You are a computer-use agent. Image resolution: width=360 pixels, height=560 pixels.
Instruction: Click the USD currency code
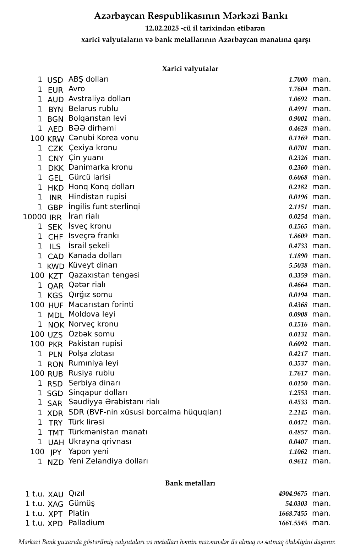coord(55,80)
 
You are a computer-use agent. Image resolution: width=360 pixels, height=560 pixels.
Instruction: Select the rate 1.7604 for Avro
coord(298,89)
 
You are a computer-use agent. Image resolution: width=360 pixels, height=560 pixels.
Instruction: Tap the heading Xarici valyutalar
coord(190,69)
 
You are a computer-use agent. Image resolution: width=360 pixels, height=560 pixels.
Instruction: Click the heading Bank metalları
coord(190,483)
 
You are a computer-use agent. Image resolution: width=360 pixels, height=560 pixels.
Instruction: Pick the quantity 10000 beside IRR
coord(34,217)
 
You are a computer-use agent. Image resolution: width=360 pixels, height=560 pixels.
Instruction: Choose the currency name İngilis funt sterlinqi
coord(104,207)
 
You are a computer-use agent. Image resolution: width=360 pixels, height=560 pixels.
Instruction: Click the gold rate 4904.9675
coord(293,494)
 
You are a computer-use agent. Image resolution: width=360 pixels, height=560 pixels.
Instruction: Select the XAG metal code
coord(55,504)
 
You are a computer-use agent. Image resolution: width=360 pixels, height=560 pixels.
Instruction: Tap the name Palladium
coord(86,523)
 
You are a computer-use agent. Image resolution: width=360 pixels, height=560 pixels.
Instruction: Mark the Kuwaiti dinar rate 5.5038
coord(298,265)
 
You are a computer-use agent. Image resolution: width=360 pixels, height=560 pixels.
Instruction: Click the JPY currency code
coord(56,452)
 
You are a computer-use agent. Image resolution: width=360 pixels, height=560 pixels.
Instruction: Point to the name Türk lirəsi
coord(86,422)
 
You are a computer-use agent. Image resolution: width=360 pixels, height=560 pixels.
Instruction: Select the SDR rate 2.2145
coord(298,412)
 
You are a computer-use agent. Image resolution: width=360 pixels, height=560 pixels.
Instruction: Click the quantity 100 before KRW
coord(37,138)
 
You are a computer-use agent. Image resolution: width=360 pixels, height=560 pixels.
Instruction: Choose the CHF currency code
coord(55,237)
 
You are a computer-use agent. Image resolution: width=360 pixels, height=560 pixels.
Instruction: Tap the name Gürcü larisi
coord(89,177)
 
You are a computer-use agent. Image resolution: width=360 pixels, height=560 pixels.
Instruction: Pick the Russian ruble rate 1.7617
coord(298,373)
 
